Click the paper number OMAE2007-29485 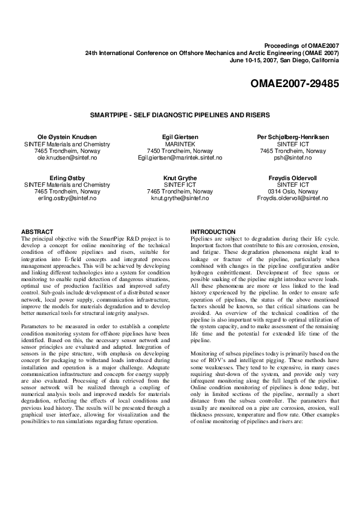[x=294, y=82]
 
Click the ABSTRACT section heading [x=38, y=232]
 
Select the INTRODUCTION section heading [x=213, y=232]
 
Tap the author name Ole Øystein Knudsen [x=67, y=137]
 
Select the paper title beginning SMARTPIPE [x=180, y=114]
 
